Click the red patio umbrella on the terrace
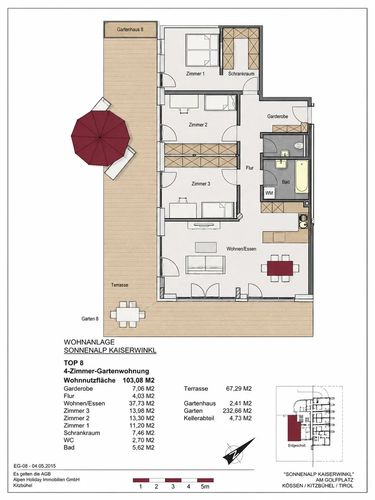click(100, 138)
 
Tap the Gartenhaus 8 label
click(130, 30)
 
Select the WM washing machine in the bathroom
click(269, 193)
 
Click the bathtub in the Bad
click(301, 176)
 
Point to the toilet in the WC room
click(298, 145)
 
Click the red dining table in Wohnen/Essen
click(280, 268)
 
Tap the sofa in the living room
click(205, 265)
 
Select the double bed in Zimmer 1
click(202, 50)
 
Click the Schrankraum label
click(241, 74)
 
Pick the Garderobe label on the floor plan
click(277, 116)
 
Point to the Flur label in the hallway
click(250, 168)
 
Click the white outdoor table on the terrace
click(128, 314)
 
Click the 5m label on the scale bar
click(205, 487)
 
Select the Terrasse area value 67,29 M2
click(239, 389)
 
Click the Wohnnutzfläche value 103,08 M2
click(139, 380)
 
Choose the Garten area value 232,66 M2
click(237, 411)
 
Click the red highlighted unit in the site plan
click(294, 428)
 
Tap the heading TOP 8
click(74, 363)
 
